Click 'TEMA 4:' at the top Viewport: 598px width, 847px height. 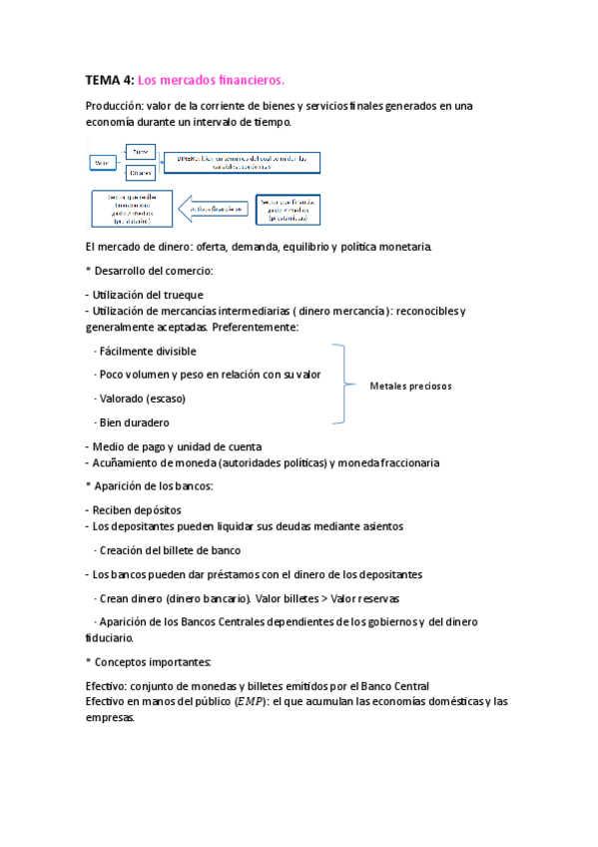109,80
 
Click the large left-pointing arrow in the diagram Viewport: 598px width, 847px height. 213,208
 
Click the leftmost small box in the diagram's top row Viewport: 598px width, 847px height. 101,162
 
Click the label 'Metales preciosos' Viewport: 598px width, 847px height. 410,386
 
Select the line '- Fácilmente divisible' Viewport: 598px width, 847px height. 144,352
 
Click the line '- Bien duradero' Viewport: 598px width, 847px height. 131,423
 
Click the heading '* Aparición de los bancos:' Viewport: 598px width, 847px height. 150,486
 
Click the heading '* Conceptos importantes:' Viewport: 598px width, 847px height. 149,662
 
